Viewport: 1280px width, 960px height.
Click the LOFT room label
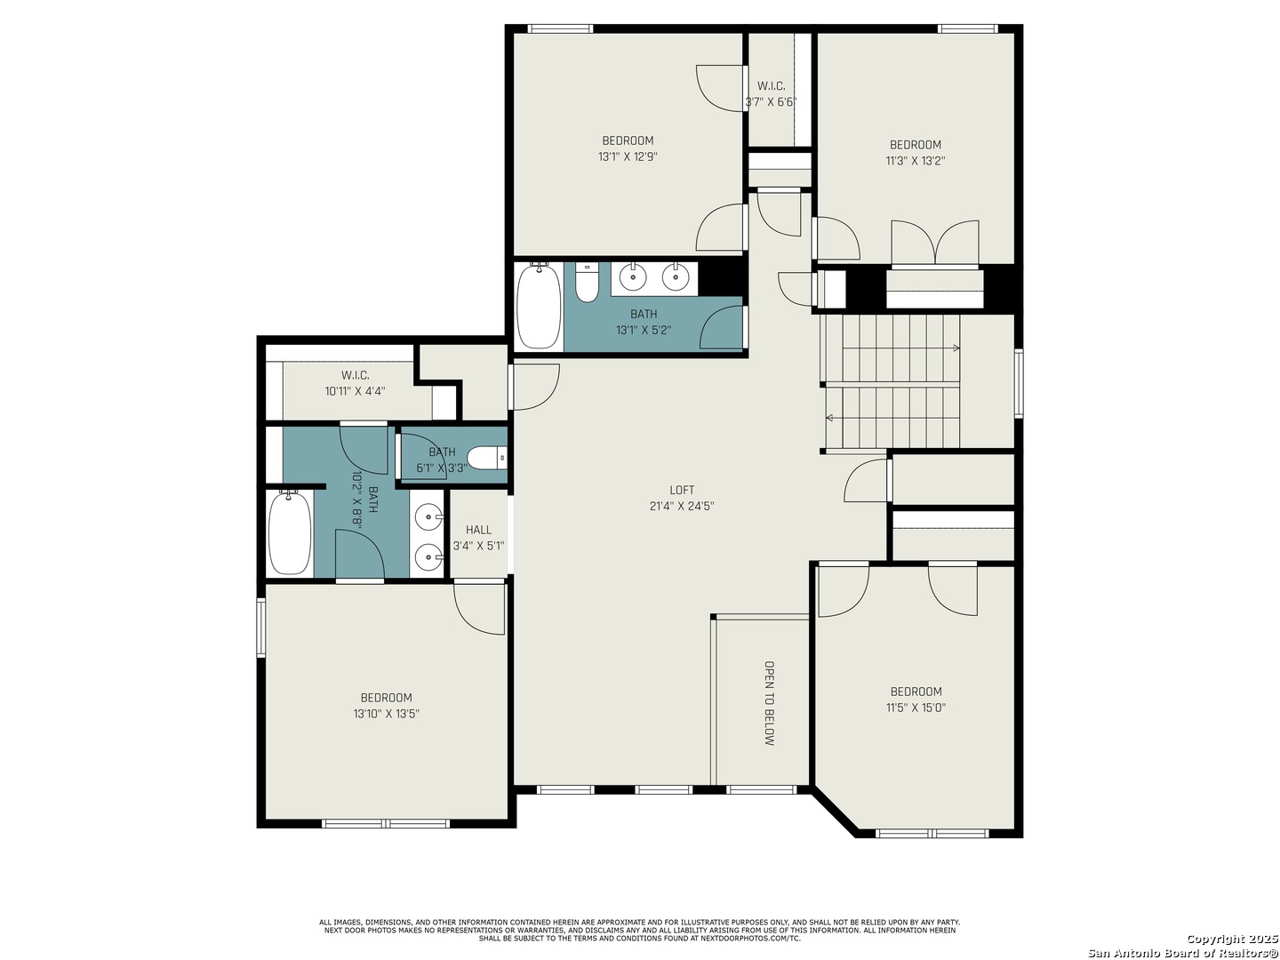click(x=681, y=490)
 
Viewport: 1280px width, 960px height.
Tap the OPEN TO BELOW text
click(x=769, y=703)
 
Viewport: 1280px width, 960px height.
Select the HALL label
click(x=478, y=530)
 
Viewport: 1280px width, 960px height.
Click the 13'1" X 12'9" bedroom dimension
click(x=628, y=156)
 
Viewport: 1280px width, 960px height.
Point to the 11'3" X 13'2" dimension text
click(x=915, y=161)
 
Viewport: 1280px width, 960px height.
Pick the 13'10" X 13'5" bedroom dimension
click(x=386, y=714)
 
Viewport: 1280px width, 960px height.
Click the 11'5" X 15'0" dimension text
click(x=916, y=708)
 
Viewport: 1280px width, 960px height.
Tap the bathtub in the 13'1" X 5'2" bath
click(x=539, y=306)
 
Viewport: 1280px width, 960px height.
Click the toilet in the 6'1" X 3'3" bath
click(x=487, y=459)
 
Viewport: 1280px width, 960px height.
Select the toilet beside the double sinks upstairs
click(x=587, y=282)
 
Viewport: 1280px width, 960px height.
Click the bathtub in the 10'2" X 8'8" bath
click(x=290, y=532)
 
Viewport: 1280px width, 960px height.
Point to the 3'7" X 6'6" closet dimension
click(x=771, y=102)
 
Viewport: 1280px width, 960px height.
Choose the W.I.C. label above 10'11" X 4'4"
click(x=356, y=375)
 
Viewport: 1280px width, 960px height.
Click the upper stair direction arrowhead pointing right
click(x=956, y=348)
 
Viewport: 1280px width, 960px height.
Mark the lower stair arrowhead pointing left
click(x=829, y=418)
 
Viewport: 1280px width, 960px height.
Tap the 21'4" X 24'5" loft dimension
click(x=681, y=506)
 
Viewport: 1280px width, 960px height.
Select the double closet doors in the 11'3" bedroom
click(x=935, y=243)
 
